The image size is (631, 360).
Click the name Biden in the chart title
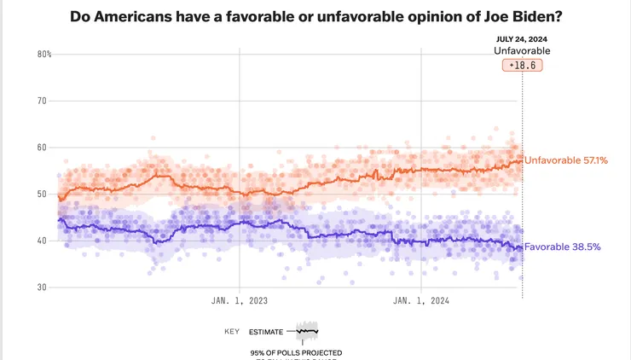(x=530, y=16)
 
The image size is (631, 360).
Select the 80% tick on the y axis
(x=44, y=55)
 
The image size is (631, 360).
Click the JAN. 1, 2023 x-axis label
(x=240, y=300)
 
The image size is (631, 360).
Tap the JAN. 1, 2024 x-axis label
(x=421, y=300)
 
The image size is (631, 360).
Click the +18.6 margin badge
(x=523, y=65)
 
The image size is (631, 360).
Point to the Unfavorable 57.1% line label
(x=565, y=160)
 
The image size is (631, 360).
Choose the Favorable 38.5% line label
(x=563, y=247)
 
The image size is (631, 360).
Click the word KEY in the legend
(x=231, y=331)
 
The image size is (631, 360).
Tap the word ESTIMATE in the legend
(x=266, y=331)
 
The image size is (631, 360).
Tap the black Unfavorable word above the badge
(x=523, y=51)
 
